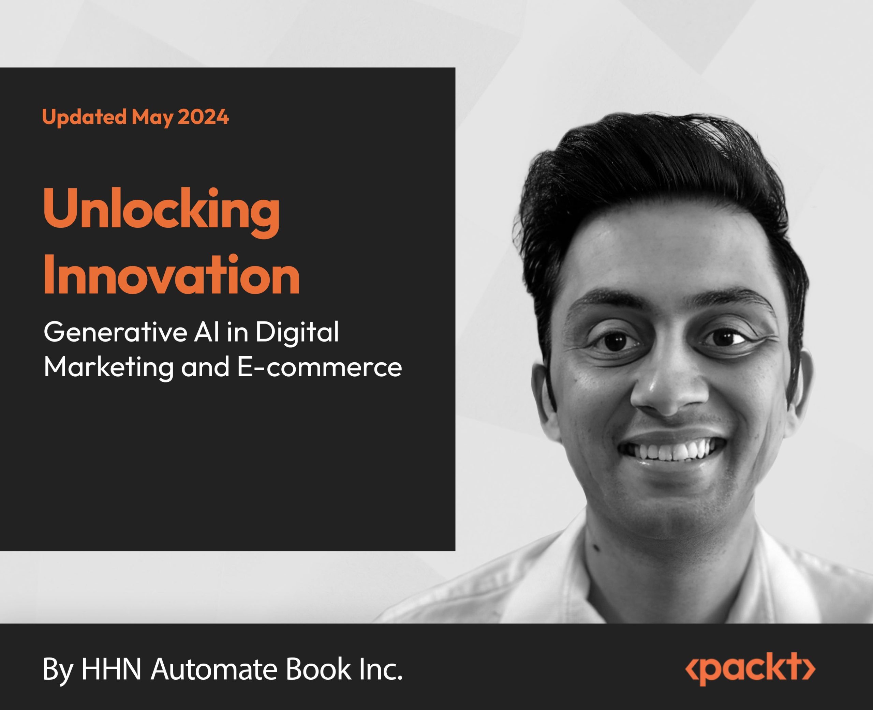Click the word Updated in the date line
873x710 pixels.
[x=84, y=117]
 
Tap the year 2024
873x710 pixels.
[x=203, y=117]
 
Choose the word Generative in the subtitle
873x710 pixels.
[x=115, y=332]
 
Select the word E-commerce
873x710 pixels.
[x=319, y=367]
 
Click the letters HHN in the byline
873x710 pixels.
[x=111, y=669]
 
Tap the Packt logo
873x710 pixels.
[x=750, y=669]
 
